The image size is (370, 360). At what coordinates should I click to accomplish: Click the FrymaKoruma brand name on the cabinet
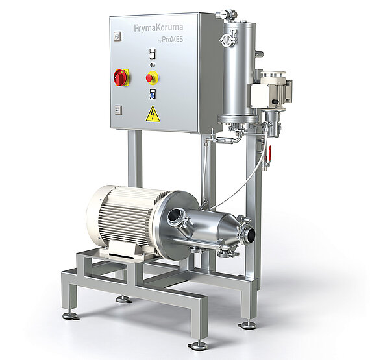(158, 28)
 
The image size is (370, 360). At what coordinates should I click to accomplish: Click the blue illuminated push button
(153, 95)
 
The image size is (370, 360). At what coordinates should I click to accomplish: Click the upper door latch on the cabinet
(117, 36)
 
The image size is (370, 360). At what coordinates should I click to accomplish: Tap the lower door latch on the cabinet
(118, 110)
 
